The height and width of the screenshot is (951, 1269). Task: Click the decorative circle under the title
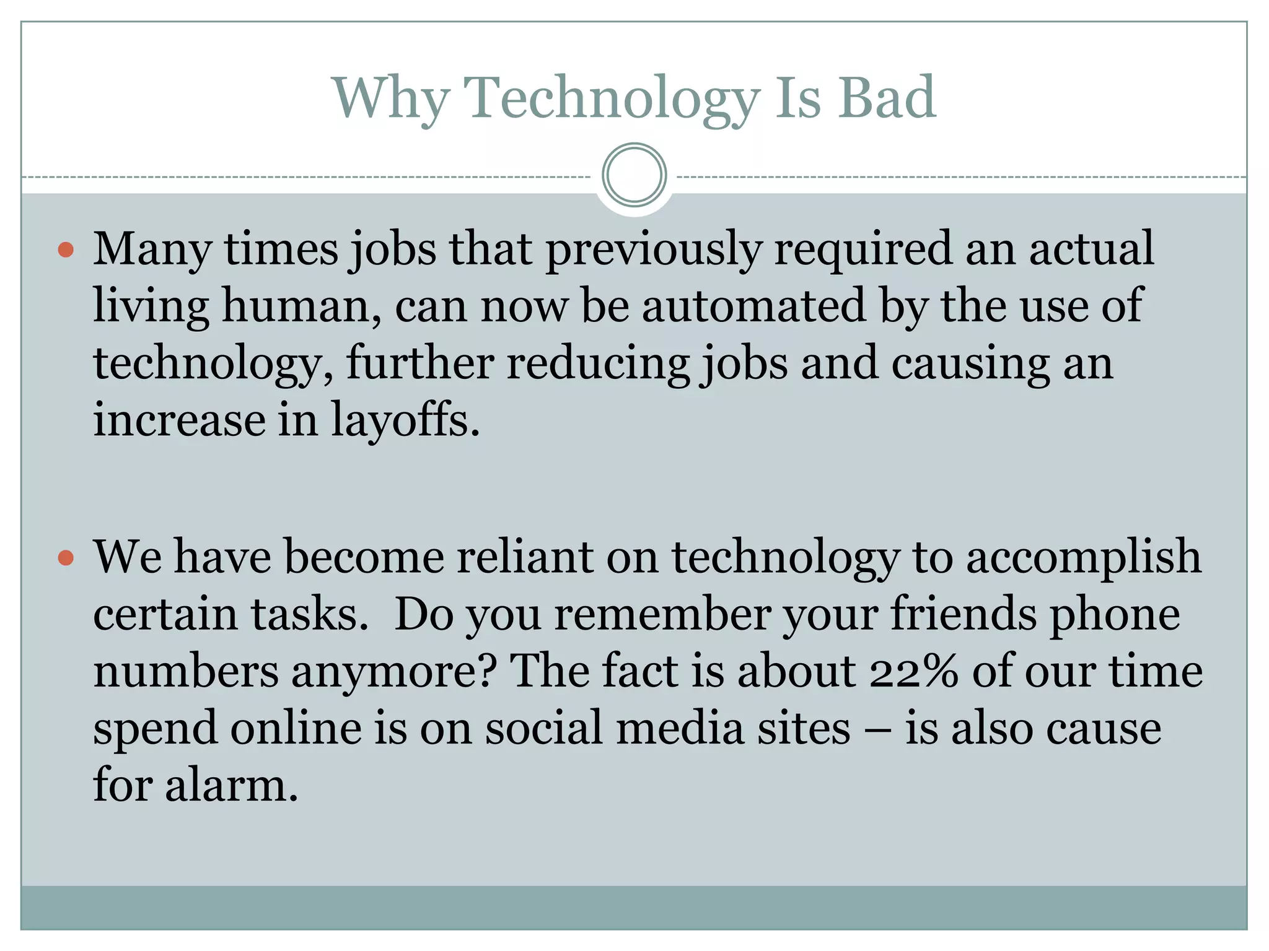coord(634,175)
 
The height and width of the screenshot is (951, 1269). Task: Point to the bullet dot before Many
coord(66,250)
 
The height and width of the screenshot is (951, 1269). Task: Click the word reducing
coord(598,363)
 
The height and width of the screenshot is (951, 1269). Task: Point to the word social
coord(543,728)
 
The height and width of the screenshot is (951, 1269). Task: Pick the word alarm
coord(232,785)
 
